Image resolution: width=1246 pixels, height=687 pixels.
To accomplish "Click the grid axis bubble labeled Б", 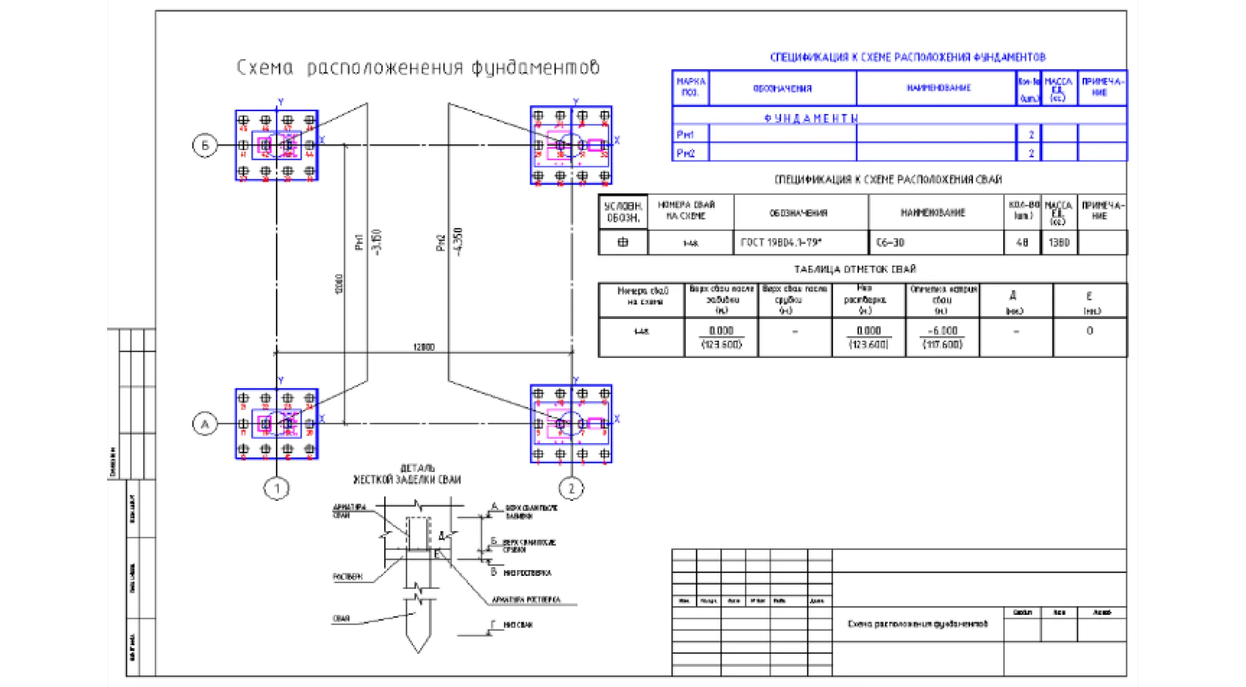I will [205, 145].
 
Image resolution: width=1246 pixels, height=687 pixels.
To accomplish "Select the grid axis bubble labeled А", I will [205, 424].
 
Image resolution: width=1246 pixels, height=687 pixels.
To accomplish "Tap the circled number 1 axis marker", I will [277, 488].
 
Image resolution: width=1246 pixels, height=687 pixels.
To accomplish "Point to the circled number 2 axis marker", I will [571, 488].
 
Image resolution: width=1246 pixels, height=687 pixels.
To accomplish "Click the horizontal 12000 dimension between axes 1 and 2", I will [424, 347].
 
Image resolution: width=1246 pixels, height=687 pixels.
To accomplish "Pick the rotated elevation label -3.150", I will [376, 242].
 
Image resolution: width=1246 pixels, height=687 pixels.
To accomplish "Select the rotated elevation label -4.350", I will [458, 242].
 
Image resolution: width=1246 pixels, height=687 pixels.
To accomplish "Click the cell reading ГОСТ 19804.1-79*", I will [781, 242].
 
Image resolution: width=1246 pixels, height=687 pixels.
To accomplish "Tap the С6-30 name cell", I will [890, 242].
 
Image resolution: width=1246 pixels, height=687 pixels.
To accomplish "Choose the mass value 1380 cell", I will [1059, 242].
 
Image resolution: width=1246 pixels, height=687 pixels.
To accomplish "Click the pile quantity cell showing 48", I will [1022, 242].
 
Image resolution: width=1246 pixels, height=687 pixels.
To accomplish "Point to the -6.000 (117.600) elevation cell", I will [942, 337].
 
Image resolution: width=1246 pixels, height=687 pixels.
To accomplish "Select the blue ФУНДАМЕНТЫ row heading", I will [811, 119].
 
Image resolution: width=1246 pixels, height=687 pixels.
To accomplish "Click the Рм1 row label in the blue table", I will [685, 135].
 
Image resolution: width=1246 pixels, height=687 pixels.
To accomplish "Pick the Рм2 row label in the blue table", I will [685, 153].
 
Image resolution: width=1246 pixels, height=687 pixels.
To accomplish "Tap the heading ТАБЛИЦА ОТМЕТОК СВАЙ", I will [855, 269].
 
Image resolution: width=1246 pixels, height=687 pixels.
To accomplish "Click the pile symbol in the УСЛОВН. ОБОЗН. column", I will [623, 242].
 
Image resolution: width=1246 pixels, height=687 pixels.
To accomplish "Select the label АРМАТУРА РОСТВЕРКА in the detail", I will [526, 600].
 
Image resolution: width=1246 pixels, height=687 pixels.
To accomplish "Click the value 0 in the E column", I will [1090, 331].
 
